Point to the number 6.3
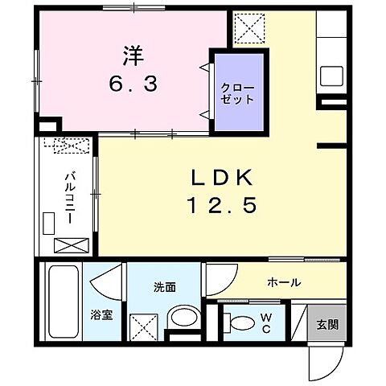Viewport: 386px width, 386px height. pos(133,83)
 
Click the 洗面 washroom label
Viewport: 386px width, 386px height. pos(165,287)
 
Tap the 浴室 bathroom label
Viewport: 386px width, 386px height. pos(102,314)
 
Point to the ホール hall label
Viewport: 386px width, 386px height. pos(285,282)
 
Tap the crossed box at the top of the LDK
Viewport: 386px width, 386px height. pos(250,31)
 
